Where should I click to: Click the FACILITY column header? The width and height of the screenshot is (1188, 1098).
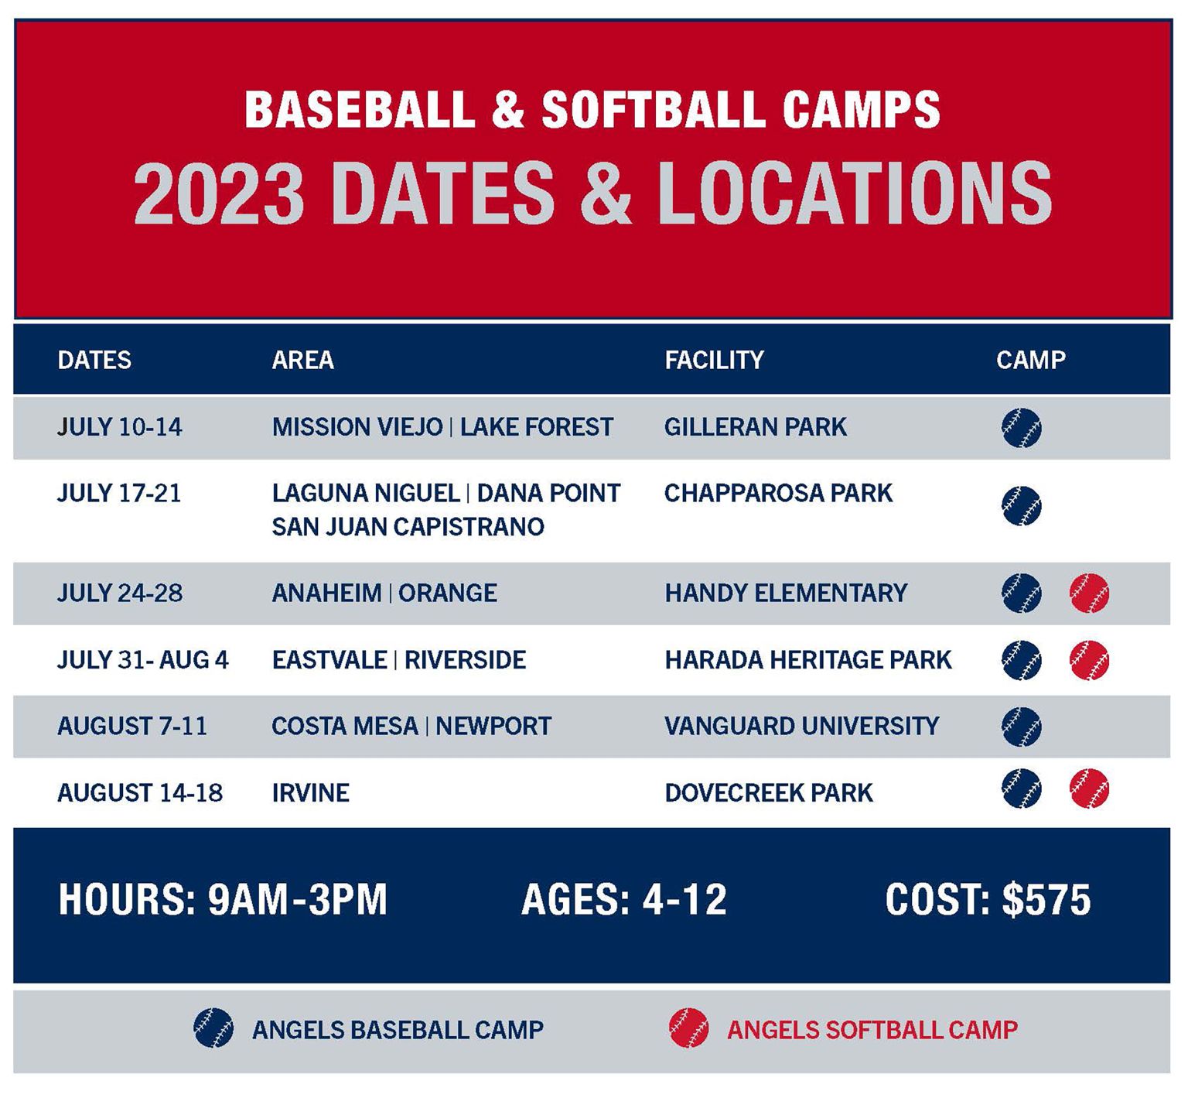(x=713, y=360)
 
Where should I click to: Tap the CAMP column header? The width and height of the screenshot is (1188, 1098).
(x=1030, y=360)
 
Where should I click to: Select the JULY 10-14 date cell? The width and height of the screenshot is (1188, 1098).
(x=120, y=427)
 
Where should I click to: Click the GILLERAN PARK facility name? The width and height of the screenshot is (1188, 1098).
(x=755, y=427)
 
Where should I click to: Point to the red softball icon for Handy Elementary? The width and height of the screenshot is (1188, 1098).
(x=1089, y=593)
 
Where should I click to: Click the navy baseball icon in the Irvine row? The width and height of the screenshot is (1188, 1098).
(x=1021, y=788)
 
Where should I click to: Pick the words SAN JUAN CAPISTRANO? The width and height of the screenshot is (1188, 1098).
(x=408, y=527)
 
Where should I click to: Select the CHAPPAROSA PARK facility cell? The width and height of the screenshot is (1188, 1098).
(x=778, y=493)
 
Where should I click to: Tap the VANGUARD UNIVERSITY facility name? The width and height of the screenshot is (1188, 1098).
(x=801, y=726)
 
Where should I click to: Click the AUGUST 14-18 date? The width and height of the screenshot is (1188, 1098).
(x=140, y=793)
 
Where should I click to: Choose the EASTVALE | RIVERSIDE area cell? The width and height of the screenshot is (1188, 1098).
(x=398, y=660)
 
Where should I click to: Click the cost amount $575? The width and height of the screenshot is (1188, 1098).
(x=1046, y=900)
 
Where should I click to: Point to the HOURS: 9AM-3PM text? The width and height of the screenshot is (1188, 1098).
(x=223, y=900)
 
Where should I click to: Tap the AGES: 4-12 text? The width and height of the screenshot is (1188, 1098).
(x=623, y=900)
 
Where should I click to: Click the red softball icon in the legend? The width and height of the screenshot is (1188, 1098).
(x=688, y=1028)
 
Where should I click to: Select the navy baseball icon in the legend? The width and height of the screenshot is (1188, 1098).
(x=213, y=1028)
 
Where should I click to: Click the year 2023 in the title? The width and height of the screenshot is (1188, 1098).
(x=218, y=194)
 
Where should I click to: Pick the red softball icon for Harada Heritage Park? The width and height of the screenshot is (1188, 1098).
(x=1089, y=660)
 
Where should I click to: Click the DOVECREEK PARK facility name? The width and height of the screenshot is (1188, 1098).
(x=768, y=793)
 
